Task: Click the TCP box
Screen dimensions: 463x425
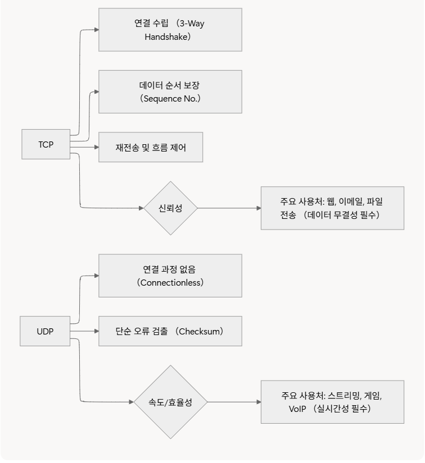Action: click(x=46, y=144)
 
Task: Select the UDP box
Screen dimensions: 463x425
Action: click(x=45, y=331)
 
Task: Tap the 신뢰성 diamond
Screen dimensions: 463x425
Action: click(x=170, y=208)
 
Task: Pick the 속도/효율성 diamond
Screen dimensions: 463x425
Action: click(x=170, y=402)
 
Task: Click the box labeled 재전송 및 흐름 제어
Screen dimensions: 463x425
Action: click(x=151, y=148)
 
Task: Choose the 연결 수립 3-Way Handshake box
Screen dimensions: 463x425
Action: click(x=170, y=30)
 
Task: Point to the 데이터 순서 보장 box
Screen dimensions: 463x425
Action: click(x=170, y=91)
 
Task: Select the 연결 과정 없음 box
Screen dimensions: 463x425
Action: click(x=170, y=276)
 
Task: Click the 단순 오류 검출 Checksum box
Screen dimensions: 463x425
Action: click(x=170, y=331)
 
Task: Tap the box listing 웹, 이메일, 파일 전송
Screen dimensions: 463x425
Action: click(x=332, y=208)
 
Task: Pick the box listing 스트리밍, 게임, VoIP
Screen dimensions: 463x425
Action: click(x=332, y=402)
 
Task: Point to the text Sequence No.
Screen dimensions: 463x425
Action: click(x=170, y=99)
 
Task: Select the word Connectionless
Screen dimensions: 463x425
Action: click(x=170, y=283)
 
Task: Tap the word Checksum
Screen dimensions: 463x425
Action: click(x=199, y=331)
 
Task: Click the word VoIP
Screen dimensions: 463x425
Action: click(x=297, y=409)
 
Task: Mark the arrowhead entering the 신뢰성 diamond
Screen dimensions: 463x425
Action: click(x=141, y=208)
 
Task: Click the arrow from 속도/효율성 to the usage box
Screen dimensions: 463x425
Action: click(x=234, y=402)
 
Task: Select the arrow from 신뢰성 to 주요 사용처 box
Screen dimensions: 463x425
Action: click(x=229, y=208)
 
